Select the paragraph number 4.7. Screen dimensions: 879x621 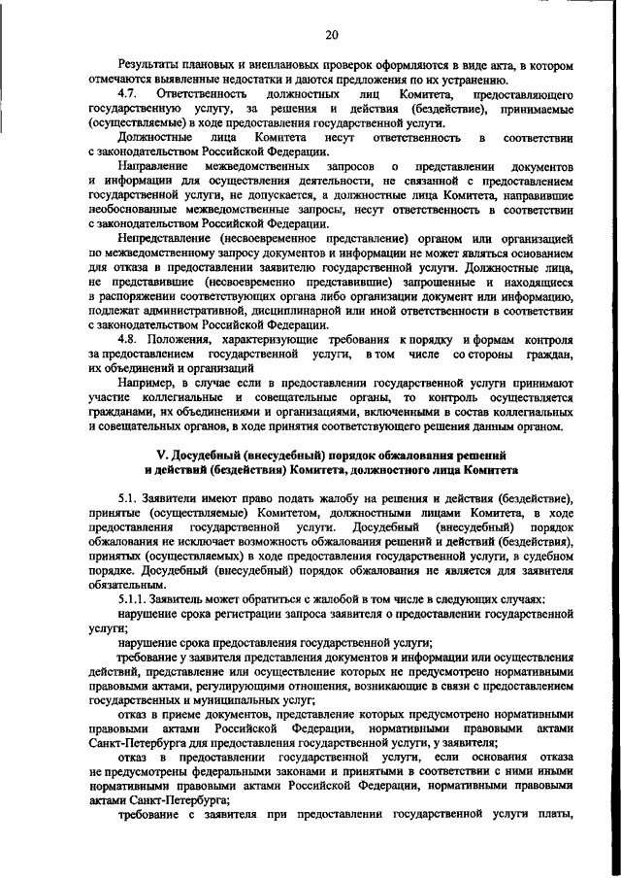(129, 93)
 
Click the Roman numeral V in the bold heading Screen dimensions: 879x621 (161, 455)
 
